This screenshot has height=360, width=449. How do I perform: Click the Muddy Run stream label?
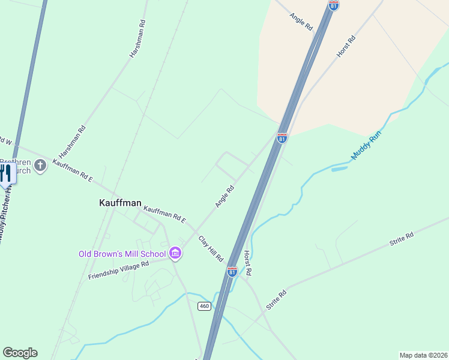tap(366, 146)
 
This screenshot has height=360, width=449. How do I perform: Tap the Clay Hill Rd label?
tap(211, 248)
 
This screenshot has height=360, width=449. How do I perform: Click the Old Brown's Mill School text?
tap(122, 254)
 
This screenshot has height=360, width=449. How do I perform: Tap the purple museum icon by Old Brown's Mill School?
tap(175, 254)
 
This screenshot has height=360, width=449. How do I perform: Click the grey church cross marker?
tap(40, 165)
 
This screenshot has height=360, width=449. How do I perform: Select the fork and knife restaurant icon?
tap(5, 174)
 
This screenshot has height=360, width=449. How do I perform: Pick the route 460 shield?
tap(204, 306)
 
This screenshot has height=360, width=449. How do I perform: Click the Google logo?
tap(20, 353)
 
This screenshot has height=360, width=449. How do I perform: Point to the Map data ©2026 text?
tap(423, 355)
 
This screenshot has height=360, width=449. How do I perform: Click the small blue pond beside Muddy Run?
tap(339, 169)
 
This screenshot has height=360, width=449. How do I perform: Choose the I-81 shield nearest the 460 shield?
tap(232, 272)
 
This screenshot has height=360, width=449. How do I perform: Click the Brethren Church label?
tap(15, 166)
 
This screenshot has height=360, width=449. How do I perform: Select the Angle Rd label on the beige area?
tap(301, 23)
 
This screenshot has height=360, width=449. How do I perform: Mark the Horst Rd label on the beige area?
tap(346, 46)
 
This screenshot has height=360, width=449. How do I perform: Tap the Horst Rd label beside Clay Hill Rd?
tap(247, 263)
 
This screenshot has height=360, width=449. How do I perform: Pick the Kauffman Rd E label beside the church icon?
tap(73, 171)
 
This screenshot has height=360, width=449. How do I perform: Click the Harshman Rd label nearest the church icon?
tap(73, 142)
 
